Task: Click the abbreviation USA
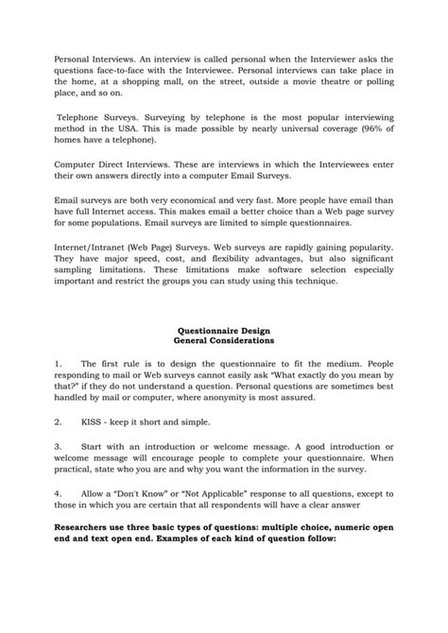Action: click(129, 128)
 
